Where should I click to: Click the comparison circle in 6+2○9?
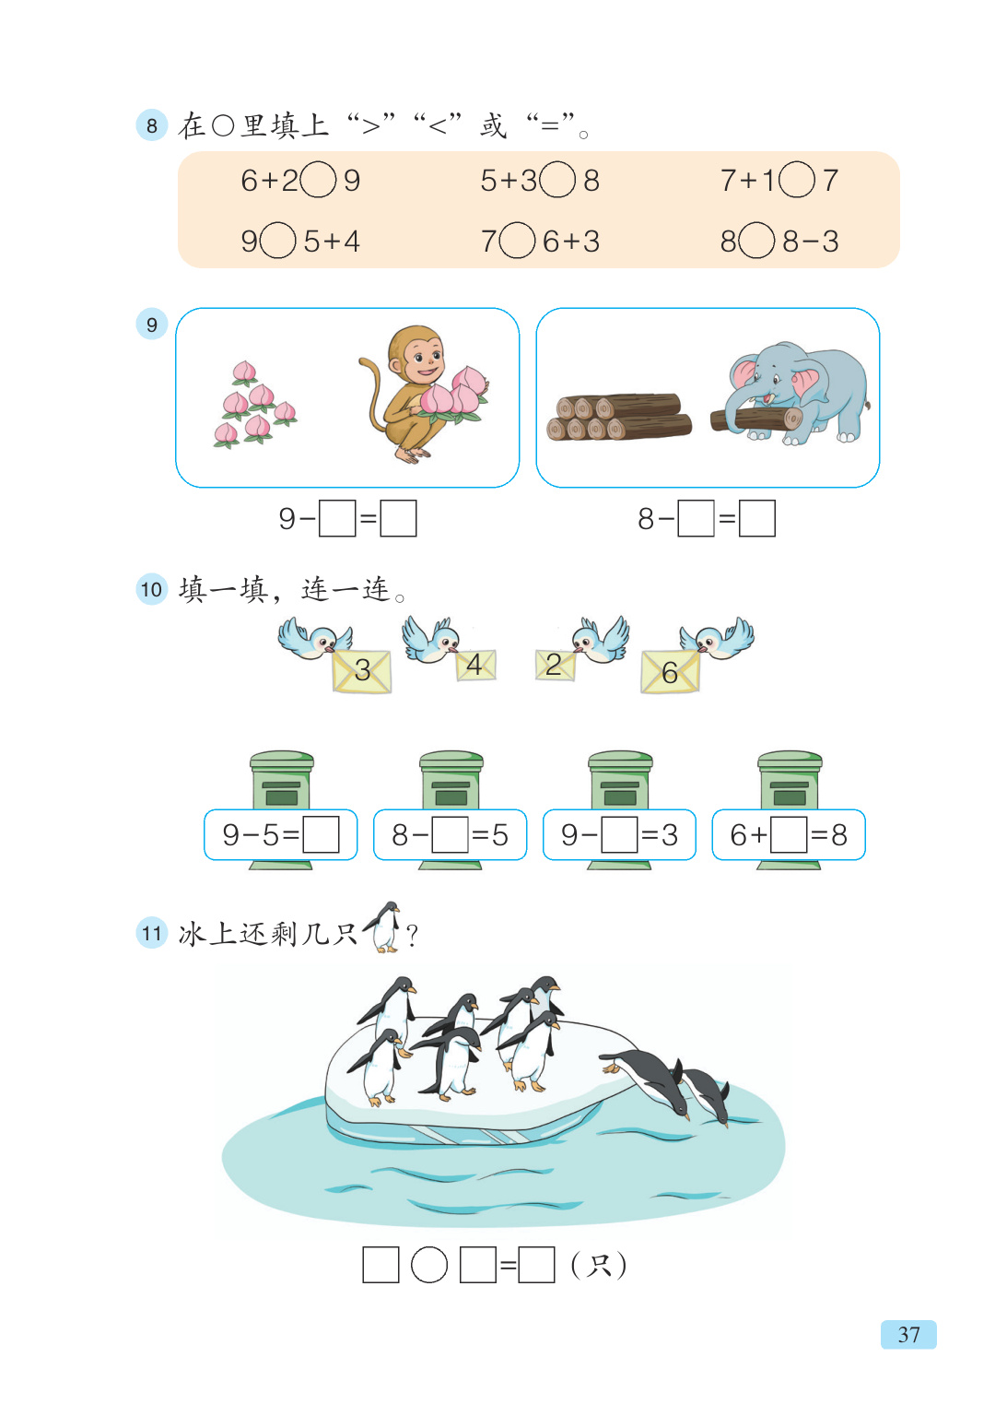click(x=318, y=180)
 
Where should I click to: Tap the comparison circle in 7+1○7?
click(x=796, y=180)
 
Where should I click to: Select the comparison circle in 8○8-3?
click(x=756, y=242)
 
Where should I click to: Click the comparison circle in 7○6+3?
click(x=517, y=242)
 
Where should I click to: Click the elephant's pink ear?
click(x=745, y=373)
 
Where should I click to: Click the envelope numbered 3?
click(x=361, y=670)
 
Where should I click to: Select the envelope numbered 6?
click(x=670, y=672)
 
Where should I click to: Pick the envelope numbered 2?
click(x=554, y=665)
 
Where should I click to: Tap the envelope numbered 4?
click(x=475, y=664)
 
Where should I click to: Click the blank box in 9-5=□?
click(x=321, y=834)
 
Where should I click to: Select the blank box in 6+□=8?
click(x=789, y=834)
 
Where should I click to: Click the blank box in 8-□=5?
click(x=451, y=834)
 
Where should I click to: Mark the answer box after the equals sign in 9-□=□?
click(x=398, y=518)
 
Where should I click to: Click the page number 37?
click(x=908, y=1334)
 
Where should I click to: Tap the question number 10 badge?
click(x=151, y=589)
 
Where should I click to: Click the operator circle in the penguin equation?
click(x=428, y=1264)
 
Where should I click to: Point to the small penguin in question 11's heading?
click(x=384, y=926)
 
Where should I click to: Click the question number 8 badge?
click(x=151, y=125)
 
